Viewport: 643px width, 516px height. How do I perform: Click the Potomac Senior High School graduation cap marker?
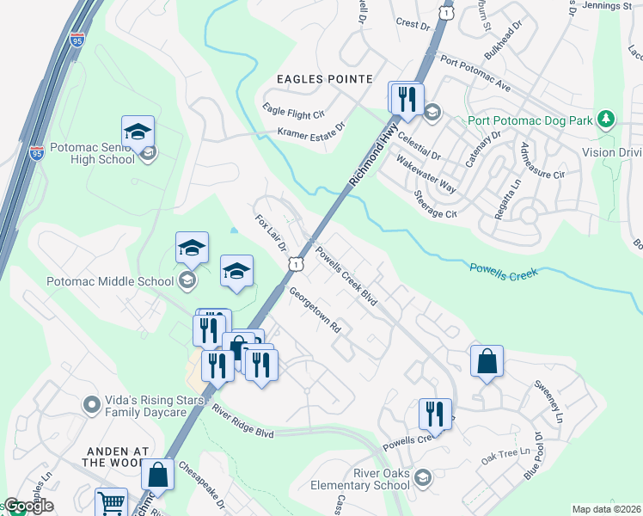138,132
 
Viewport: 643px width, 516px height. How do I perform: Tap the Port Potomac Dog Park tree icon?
607,118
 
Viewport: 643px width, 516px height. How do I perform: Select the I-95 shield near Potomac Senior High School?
36,153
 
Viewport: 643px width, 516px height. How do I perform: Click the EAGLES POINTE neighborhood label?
324,79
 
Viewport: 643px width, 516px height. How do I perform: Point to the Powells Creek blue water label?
503,271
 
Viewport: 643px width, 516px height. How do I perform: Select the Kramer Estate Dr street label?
310,129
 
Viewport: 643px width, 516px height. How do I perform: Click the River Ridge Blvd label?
242,421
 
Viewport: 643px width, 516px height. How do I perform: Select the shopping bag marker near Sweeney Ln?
487,361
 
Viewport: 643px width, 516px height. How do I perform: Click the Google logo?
28,506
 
